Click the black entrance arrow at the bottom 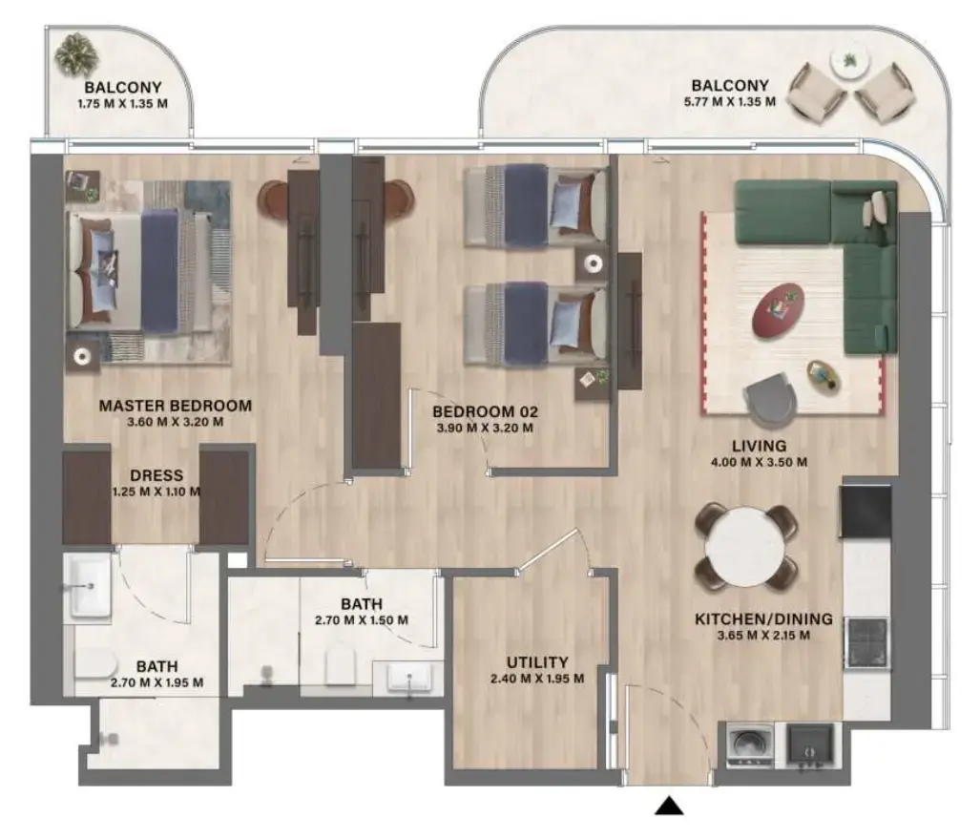(x=671, y=807)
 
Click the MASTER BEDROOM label (x=176, y=406)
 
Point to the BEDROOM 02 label (x=486, y=411)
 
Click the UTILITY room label (x=538, y=661)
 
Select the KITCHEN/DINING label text (x=763, y=619)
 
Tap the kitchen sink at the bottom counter (x=809, y=744)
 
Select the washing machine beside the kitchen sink (x=744, y=744)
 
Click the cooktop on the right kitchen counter (x=866, y=639)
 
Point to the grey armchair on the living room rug (x=771, y=398)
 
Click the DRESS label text (x=156, y=475)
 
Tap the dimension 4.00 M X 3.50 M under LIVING (x=760, y=463)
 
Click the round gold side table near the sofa (x=823, y=375)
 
